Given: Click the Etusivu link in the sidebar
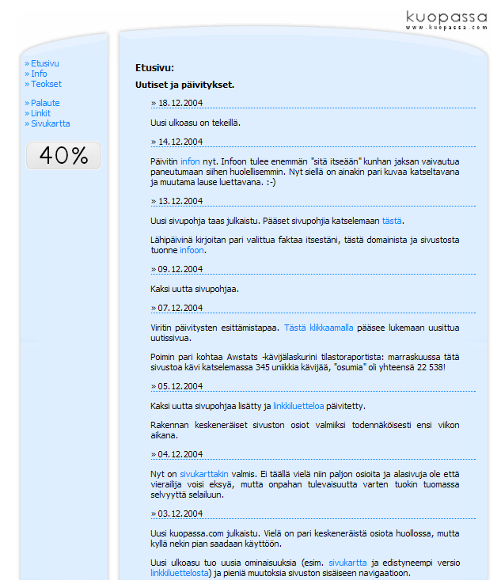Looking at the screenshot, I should [44, 63].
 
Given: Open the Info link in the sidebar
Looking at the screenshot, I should [39, 74].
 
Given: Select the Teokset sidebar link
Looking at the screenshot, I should [46, 84].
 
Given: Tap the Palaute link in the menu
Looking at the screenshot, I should [45, 103].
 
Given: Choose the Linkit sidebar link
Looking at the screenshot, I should [40, 113].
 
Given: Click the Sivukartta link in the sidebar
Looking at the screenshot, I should [50, 123].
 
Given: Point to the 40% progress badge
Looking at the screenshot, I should [63, 156].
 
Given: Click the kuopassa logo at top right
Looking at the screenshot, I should [446, 19].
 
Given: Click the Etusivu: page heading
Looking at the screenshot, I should [154, 68].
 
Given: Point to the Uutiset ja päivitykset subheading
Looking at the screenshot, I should [184, 85].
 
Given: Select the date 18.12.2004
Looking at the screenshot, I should [180, 103].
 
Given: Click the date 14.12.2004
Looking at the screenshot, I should [180, 142].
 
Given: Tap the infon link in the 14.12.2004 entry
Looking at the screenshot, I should [190, 161].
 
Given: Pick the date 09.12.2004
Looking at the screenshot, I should [180, 268].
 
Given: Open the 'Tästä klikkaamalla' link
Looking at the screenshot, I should [319, 327].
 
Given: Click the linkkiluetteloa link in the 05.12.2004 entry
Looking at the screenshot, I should [298, 406].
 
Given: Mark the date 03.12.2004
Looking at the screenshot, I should [180, 513].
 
